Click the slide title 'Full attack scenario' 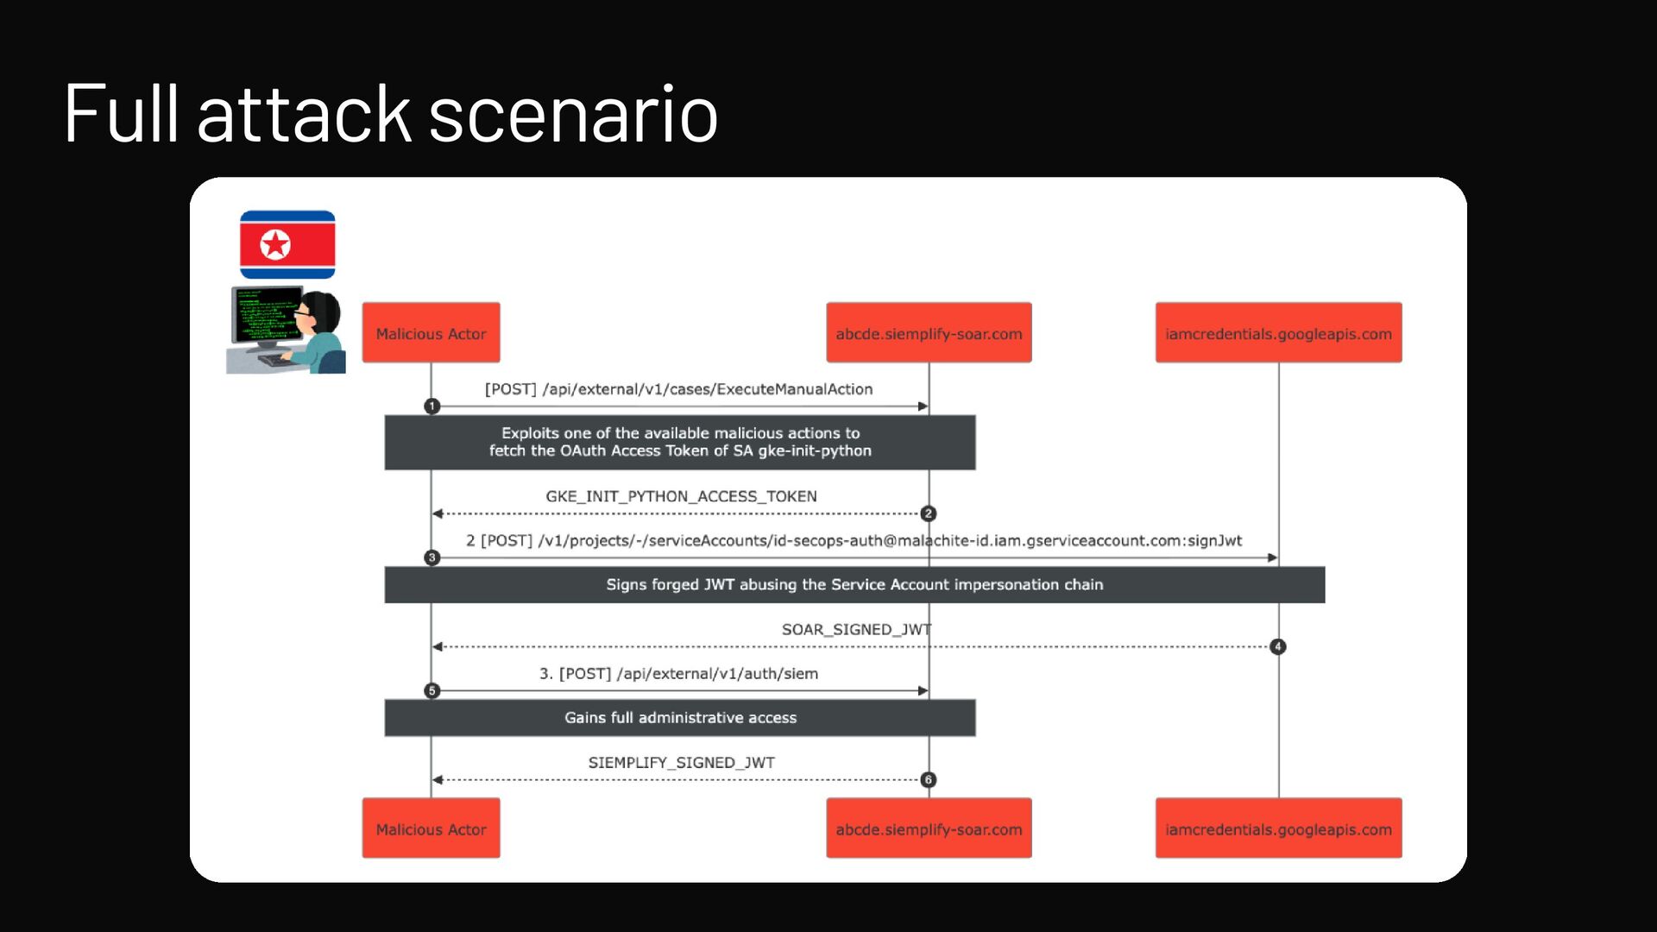tap(390, 114)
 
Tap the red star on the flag tap(275, 245)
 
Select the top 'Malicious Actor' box tap(431, 333)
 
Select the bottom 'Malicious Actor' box tap(431, 828)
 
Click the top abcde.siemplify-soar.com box tap(929, 333)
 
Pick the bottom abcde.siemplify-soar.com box tap(929, 828)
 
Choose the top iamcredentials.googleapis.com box tap(1278, 333)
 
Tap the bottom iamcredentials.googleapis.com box tap(1278, 828)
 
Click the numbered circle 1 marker tap(432, 406)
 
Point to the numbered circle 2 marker tap(929, 513)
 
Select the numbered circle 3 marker tap(432, 558)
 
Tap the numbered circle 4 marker tap(1278, 646)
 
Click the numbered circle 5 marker tap(432, 691)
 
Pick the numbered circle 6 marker tap(929, 780)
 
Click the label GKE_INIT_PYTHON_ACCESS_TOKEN tap(681, 496)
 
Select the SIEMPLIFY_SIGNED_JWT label tap(681, 763)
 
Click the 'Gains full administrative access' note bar tap(680, 718)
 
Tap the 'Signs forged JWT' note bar tap(854, 585)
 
